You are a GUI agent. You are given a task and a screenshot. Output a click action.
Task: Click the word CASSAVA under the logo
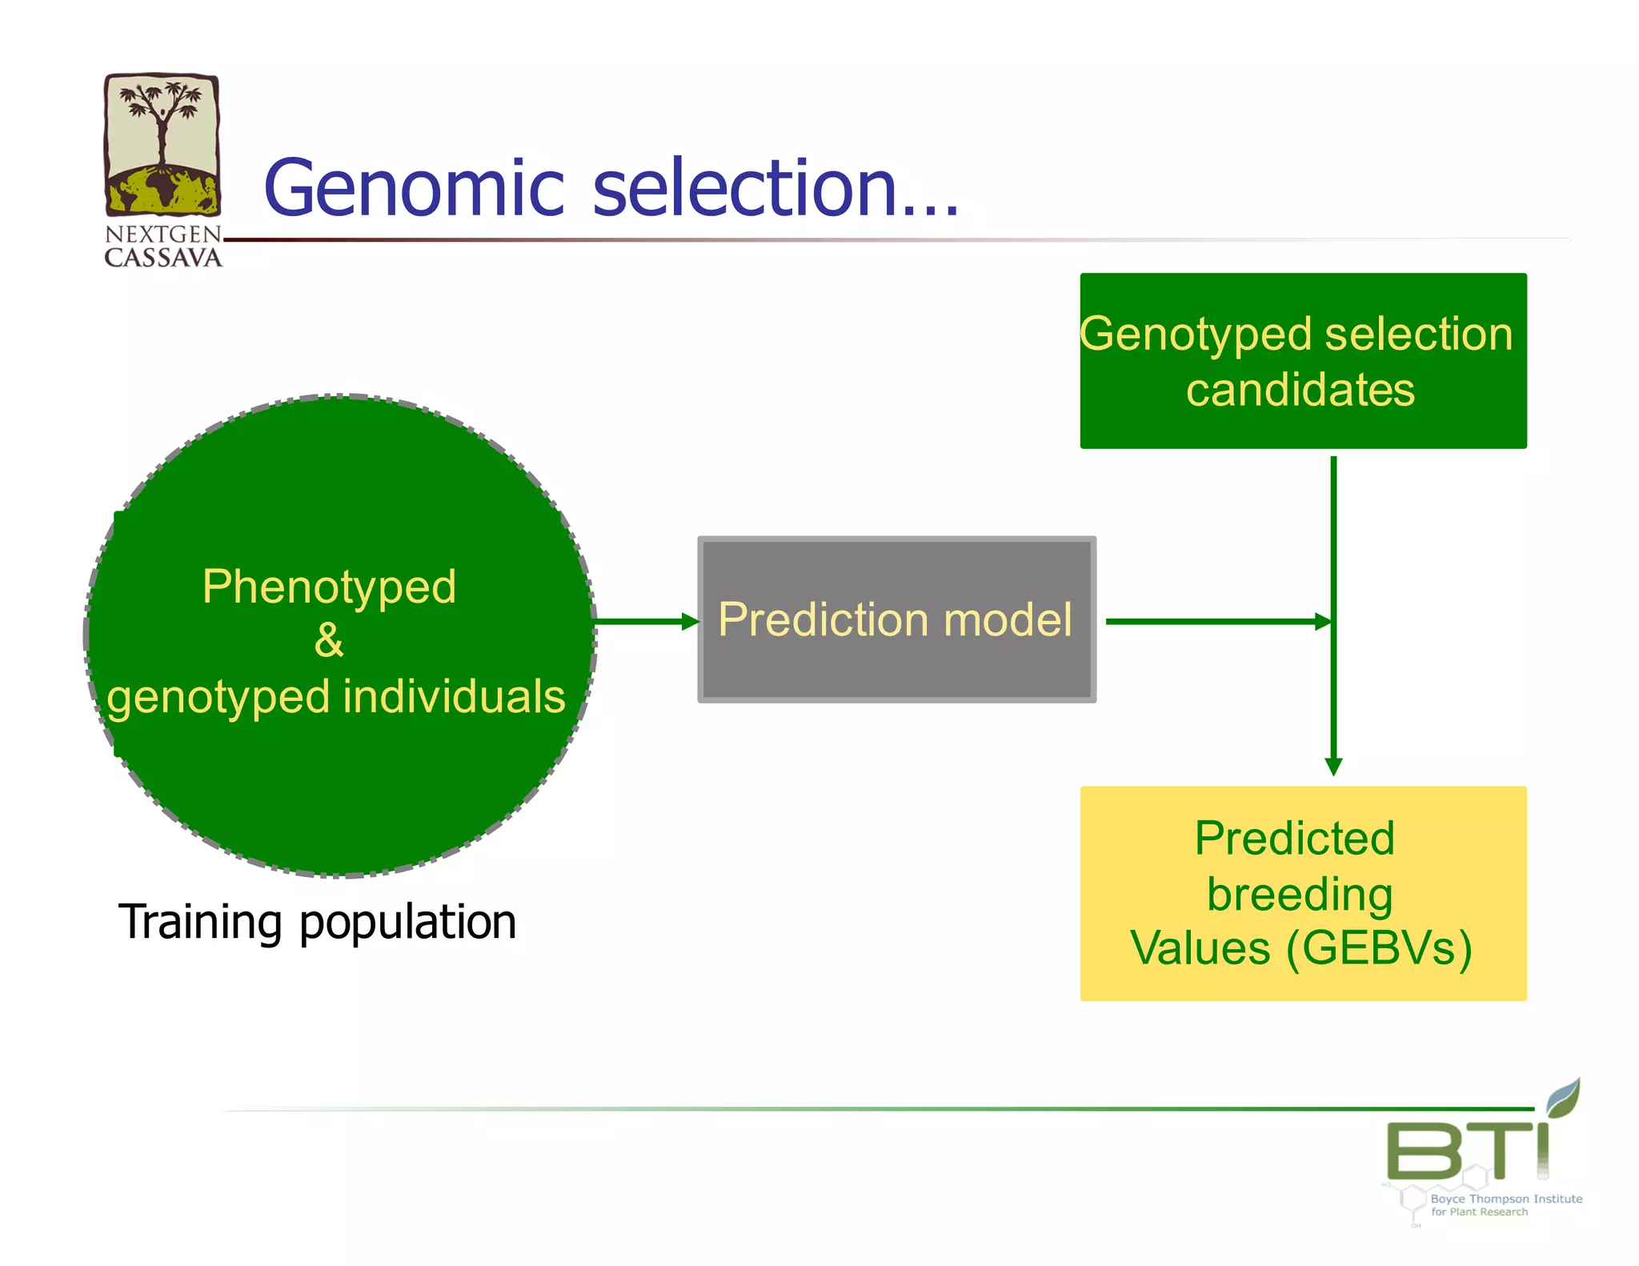click(x=163, y=258)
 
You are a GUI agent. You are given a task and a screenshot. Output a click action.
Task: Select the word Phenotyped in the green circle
click(x=329, y=587)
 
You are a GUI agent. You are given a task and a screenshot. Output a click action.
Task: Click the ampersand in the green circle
click(x=329, y=640)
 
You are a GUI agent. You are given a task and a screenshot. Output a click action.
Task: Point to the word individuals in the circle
click(x=455, y=695)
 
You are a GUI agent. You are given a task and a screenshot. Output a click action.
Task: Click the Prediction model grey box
click(x=896, y=619)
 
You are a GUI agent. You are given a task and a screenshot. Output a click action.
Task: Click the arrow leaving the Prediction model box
click(x=1216, y=622)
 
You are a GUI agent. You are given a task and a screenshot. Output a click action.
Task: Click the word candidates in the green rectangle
click(x=1300, y=390)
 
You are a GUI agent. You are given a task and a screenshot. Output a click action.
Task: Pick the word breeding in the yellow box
click(x=1300, y=894)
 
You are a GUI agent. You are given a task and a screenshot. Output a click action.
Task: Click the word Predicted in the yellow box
click(x=1295, y=839)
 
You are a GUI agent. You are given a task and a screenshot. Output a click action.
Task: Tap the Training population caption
click(x=317, y=922)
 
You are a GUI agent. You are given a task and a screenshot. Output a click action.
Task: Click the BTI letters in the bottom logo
click(x=1466, y=1151)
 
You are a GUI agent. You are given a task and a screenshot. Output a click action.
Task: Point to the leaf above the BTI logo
click(x=1564, y=1096)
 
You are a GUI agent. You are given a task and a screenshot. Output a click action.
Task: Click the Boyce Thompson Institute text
click(x=1506, y=1199)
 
